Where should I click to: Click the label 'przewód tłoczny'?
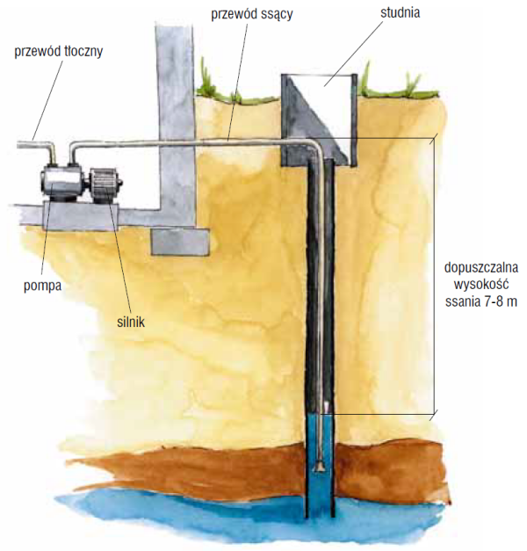coord(59,50)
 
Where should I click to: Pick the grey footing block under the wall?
coord(180,241)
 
